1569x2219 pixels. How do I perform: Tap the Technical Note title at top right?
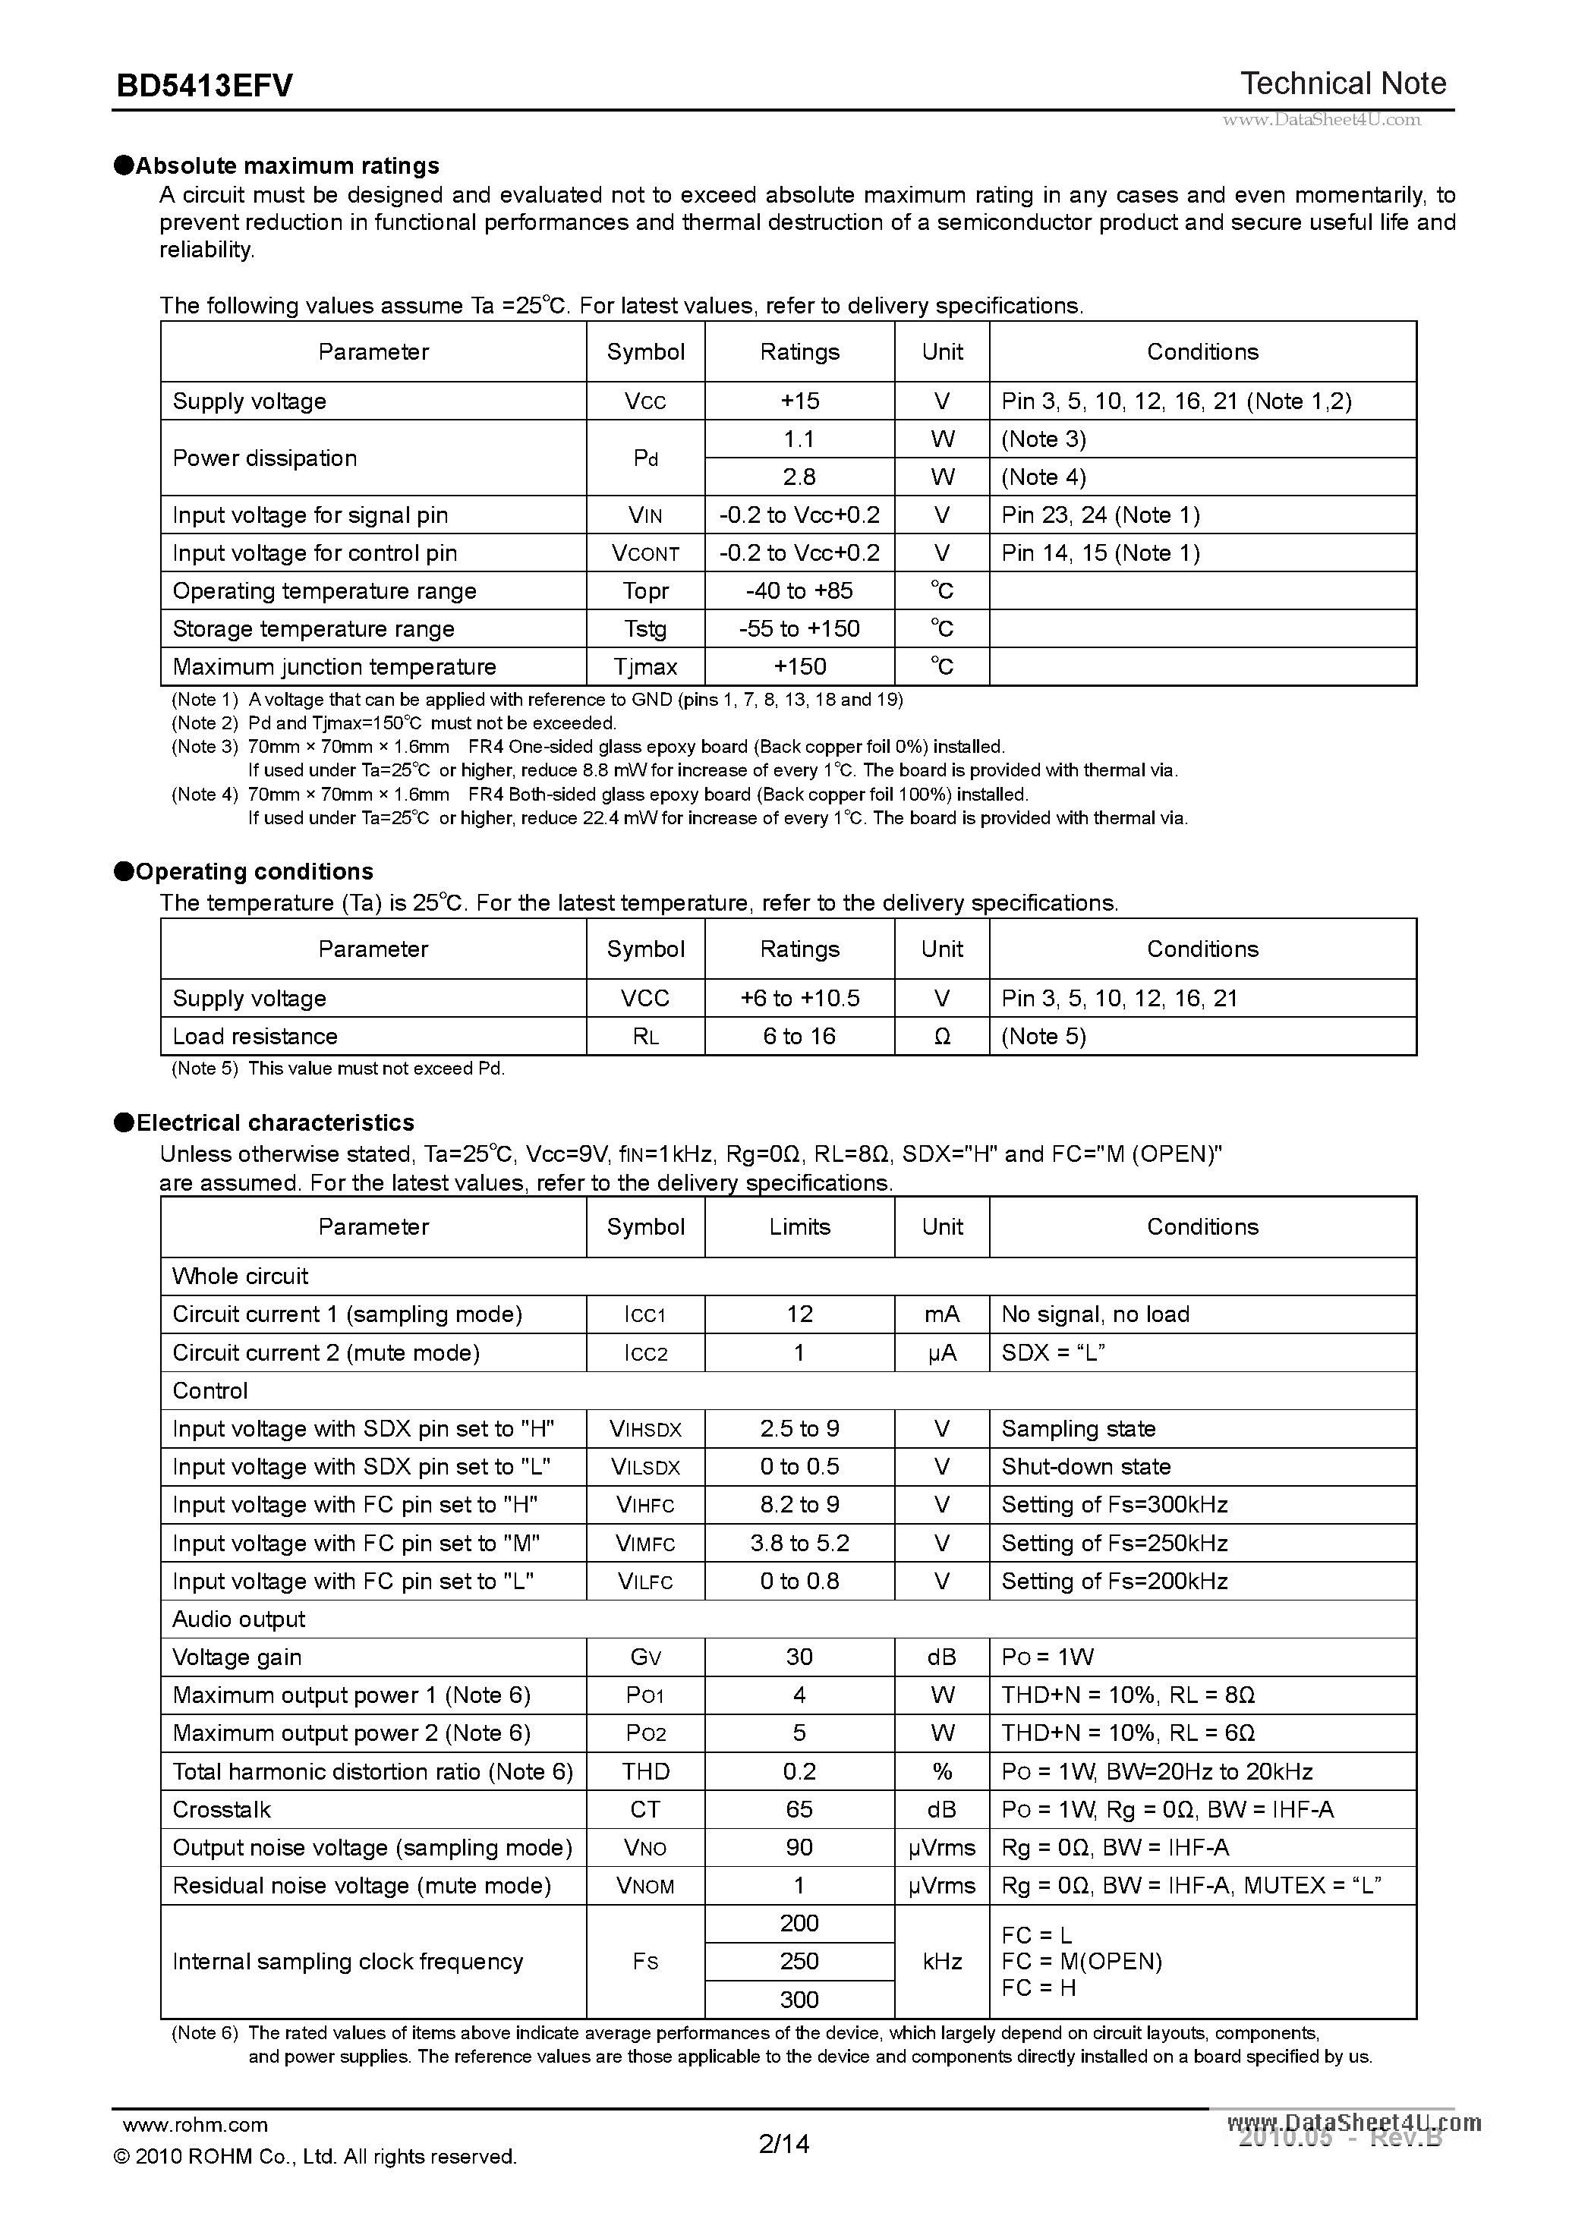coord(1343,84)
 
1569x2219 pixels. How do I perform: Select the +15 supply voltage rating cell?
coord(799,401)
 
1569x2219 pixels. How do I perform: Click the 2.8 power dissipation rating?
coord(799,477)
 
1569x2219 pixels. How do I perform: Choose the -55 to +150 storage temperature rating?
coord(799,629)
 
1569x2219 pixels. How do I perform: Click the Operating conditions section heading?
coord(254,872)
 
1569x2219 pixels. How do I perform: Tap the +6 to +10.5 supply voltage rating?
coord(799,999)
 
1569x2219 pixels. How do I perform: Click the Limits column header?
coord(799,1227)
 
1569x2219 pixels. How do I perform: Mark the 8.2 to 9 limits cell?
coord(799,1505)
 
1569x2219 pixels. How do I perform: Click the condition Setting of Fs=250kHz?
coord(1114,1544)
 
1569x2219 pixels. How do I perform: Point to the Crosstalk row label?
coord(222,1810)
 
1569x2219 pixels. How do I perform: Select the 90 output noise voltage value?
coord(799,1848)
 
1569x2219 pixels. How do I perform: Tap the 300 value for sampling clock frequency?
coord(799,2000)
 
